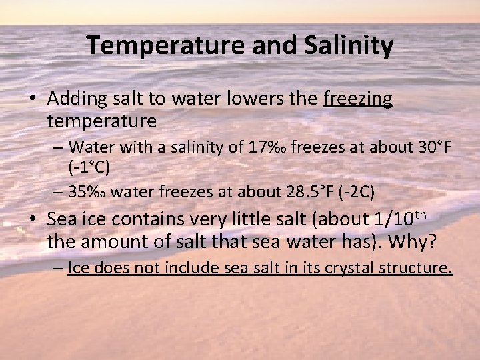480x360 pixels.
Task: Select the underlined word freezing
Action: [358, 99]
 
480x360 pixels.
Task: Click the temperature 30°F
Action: [429, 145]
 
